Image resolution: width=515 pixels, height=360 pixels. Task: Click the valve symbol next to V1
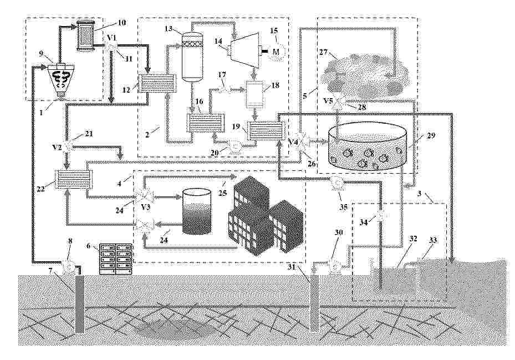tap(111, 47)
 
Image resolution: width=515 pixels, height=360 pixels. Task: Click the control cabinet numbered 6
tap(116, 258)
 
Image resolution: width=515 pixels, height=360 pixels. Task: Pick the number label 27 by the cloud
tap(324, 52)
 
